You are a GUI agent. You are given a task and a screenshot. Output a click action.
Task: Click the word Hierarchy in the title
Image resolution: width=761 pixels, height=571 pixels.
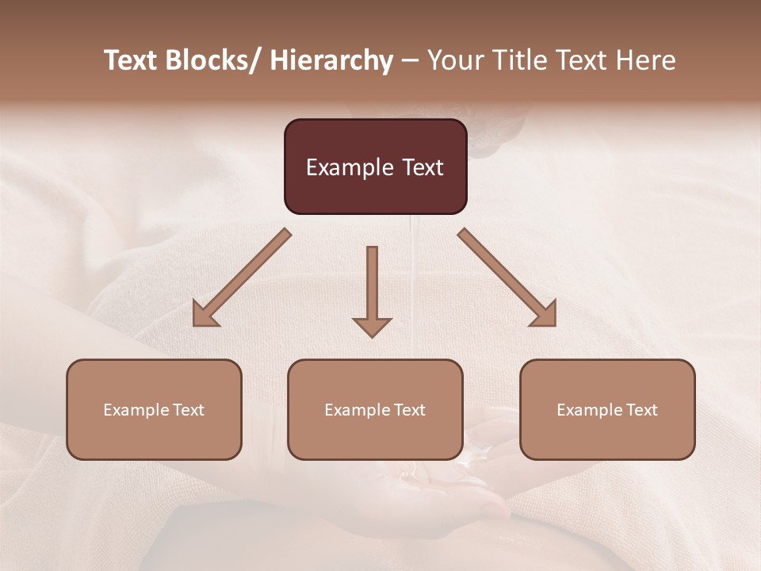(x=331, y=61)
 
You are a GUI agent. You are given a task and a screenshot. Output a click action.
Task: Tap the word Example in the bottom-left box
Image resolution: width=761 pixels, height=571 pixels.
(x=136, y=410)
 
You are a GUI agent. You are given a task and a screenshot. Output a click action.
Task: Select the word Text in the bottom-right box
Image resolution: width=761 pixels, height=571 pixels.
(x=641, y=410)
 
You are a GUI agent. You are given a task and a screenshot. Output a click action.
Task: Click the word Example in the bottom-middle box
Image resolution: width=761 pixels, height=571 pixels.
(x=358, y=410)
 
